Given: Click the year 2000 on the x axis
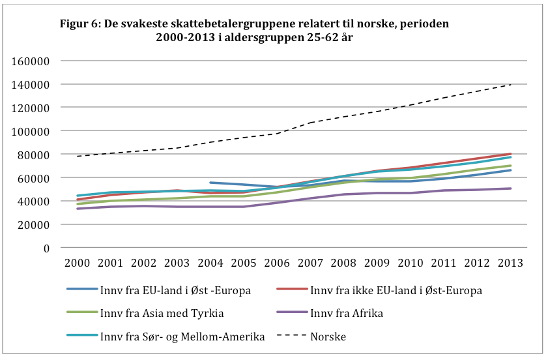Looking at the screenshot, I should click(78, 263).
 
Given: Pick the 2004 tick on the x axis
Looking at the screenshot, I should click(211, 263).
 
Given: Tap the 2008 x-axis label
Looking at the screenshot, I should click(344, 263).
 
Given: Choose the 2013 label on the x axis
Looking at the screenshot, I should click(511, 263).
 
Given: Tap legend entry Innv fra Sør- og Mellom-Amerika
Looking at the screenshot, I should click(179, 337).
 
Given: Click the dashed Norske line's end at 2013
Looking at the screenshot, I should click(511, 84).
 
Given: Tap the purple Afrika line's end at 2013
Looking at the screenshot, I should click(511, 188).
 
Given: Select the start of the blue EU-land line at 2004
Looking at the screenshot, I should click(210, 183).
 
